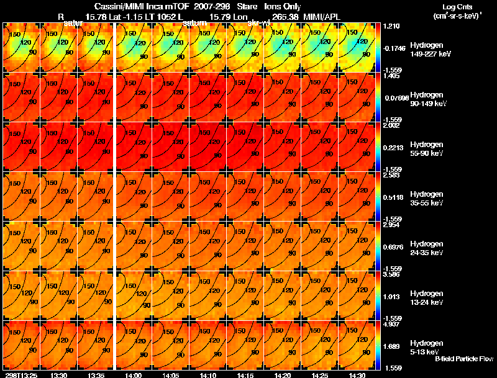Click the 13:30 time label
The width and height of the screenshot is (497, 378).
[x=58, y=375]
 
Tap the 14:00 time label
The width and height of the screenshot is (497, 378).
[x=133, y=375]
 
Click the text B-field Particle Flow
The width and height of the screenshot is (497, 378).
[x=463, y=359]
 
